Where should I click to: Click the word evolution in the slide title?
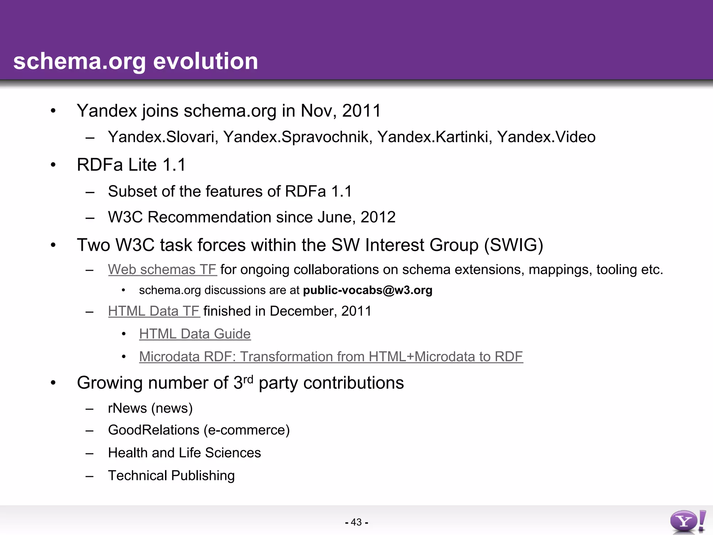(x=205, y=61)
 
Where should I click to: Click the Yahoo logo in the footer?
(x=688, y=521)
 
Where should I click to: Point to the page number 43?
(x=356, y=522)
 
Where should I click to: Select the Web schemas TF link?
(x=162, y=270)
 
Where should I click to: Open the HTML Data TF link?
(x=154, y=311)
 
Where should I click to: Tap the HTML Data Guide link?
(x=195, y=334)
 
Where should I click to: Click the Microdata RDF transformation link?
(x=331, y=356)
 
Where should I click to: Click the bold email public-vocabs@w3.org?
(x=368, y=290)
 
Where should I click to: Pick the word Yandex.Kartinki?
(x=434, y=137)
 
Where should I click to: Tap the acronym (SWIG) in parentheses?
(x=514, y=245)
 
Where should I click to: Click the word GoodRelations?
(x=154, y=430)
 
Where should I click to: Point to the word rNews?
(x=127, y=408)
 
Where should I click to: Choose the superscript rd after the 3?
(x=248, y=379)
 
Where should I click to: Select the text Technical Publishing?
(x=171, y=475)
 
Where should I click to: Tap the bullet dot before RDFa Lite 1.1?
(x=53, y=165)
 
